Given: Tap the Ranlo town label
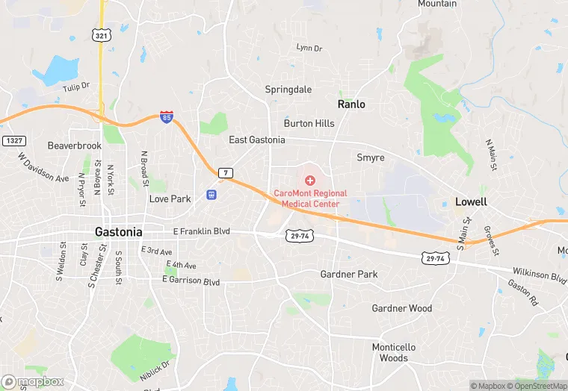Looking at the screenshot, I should coord(351,104).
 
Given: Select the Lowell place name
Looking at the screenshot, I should coord(471,201).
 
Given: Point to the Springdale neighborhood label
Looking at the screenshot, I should coord(288,90).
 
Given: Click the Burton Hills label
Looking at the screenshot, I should coord(309,123).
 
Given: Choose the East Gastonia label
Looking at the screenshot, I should coord(256,140).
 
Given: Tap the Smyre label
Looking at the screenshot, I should coord(370,158).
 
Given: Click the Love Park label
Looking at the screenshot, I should coord(170,199).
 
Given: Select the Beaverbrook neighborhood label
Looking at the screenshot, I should coord(74,146).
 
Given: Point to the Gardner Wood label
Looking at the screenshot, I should coord(401,308).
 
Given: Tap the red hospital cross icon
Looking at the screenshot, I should coord(310,181).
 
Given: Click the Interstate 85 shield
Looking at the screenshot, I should coord(166,117).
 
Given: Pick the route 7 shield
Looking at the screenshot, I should coord(225,173).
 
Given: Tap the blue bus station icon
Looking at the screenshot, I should coord(212,195).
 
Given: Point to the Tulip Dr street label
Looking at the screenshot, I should coord(76,87).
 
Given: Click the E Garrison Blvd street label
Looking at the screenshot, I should coord(191,281).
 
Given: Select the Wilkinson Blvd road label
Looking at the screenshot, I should coord(539,275).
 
